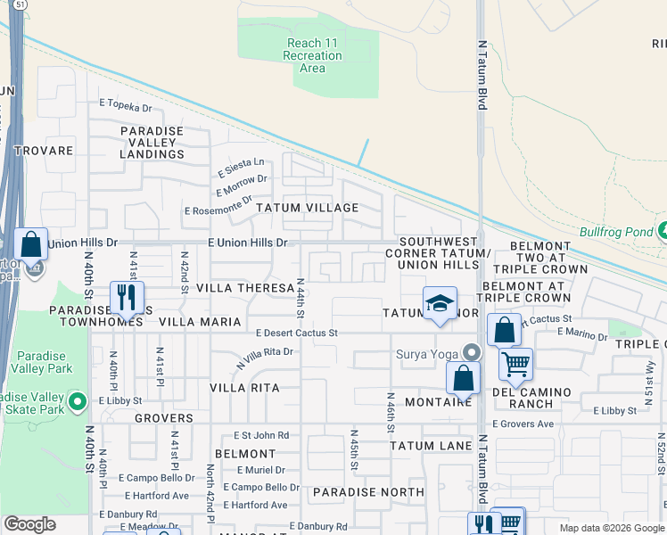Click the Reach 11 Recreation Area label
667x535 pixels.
point(314,55)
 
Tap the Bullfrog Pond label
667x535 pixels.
point(616,232)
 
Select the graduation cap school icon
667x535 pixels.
point(440,304)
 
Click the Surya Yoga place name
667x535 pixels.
point(426,352)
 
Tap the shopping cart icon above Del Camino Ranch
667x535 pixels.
point(515,364)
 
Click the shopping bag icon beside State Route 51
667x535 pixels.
point(31,243)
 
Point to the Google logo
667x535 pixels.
point(30,524)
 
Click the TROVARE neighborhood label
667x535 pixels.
point(43,151)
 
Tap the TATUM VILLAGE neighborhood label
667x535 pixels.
point(308,208)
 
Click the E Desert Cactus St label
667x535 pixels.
point(296,333)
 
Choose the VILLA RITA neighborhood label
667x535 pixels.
point(244,388)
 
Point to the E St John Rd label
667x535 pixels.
point(261,435)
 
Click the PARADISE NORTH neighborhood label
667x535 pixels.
point(368,491)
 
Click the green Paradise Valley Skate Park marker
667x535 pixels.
point(78,401)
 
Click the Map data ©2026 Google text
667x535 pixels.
point(611,527)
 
